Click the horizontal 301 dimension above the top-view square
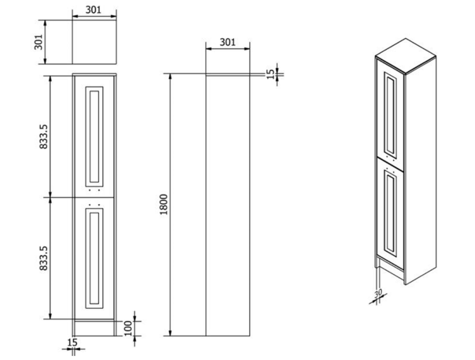tap(94, 10)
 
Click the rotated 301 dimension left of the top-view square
tap(38, 42)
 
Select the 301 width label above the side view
tap(227, 42)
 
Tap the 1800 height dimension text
tap(163, 204)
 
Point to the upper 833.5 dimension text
tap(44, 136)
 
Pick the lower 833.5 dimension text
tap(44, 258)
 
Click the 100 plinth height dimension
tap(128, 328)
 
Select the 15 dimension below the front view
tap(72, 342)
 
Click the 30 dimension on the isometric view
tap(378, 293)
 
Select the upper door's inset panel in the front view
tap(94, 136)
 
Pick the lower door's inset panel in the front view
tap(94, 258)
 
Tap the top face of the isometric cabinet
tap(406, 51)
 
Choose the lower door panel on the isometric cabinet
tap(390, 214)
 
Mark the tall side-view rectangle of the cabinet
tap(228, 206)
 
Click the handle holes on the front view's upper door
tap(94, 191)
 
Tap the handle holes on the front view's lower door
tap(94, 203)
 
